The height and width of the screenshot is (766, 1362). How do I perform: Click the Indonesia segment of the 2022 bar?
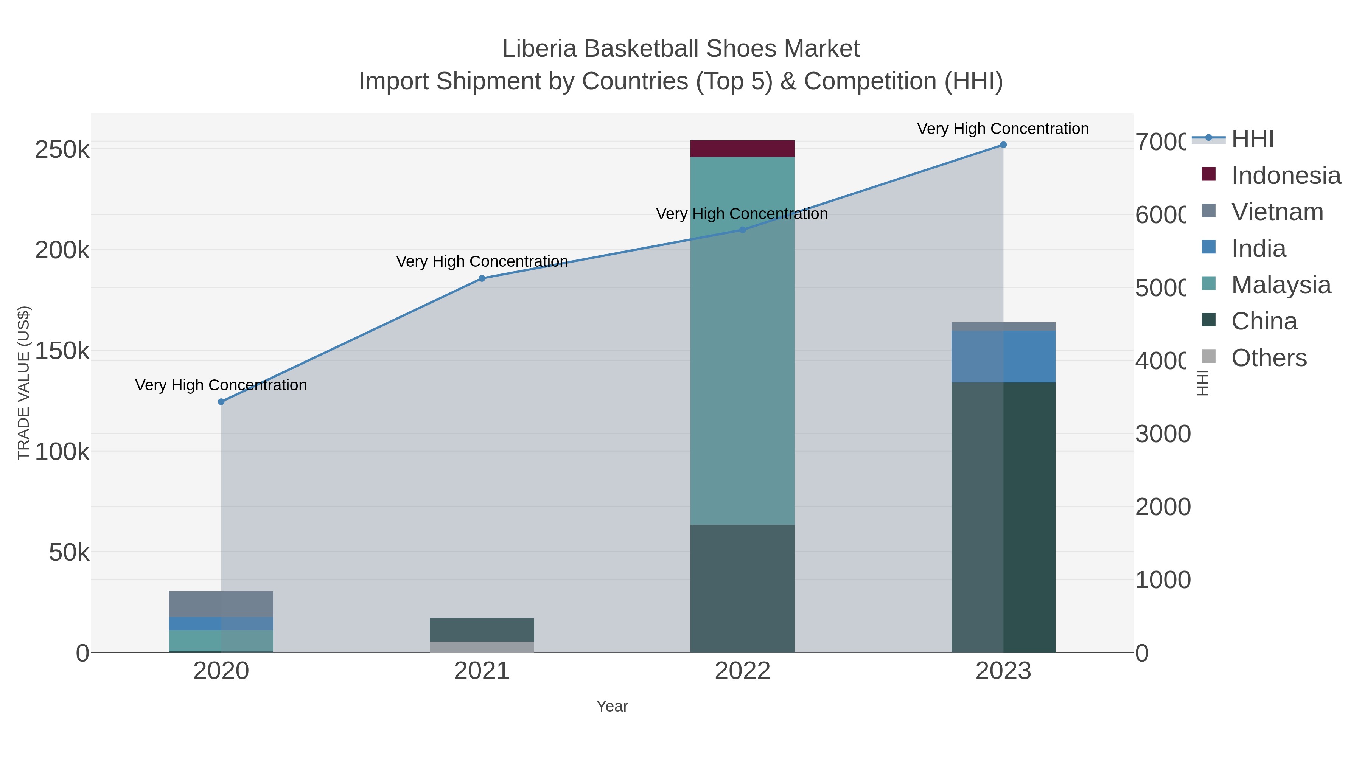(742, 149)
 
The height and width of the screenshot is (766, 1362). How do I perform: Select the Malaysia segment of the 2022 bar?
(742, 340)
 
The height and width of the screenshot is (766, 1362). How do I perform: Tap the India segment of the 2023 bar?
(1003, 356)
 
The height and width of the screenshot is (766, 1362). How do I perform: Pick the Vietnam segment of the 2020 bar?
(221, 604)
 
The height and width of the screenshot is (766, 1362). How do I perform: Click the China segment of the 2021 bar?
(482, 629)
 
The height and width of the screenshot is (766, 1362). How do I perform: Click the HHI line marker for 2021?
(482, 278)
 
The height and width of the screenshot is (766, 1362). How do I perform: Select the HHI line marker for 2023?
(1003, 145)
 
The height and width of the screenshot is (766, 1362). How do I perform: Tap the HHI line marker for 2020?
(221, 402)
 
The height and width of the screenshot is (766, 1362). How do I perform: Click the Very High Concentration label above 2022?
(742, 214)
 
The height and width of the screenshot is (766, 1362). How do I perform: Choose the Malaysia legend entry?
(1281, 285)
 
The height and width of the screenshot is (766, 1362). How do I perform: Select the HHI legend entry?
(1252, 139)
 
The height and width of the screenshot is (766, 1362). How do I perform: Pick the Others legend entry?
(1269, 358)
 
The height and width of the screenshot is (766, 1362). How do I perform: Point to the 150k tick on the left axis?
(62, 351)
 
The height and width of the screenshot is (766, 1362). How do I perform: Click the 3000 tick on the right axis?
(1162, 434)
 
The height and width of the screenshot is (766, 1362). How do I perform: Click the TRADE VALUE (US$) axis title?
(24, 383)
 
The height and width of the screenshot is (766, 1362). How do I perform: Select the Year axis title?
(612, 706)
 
